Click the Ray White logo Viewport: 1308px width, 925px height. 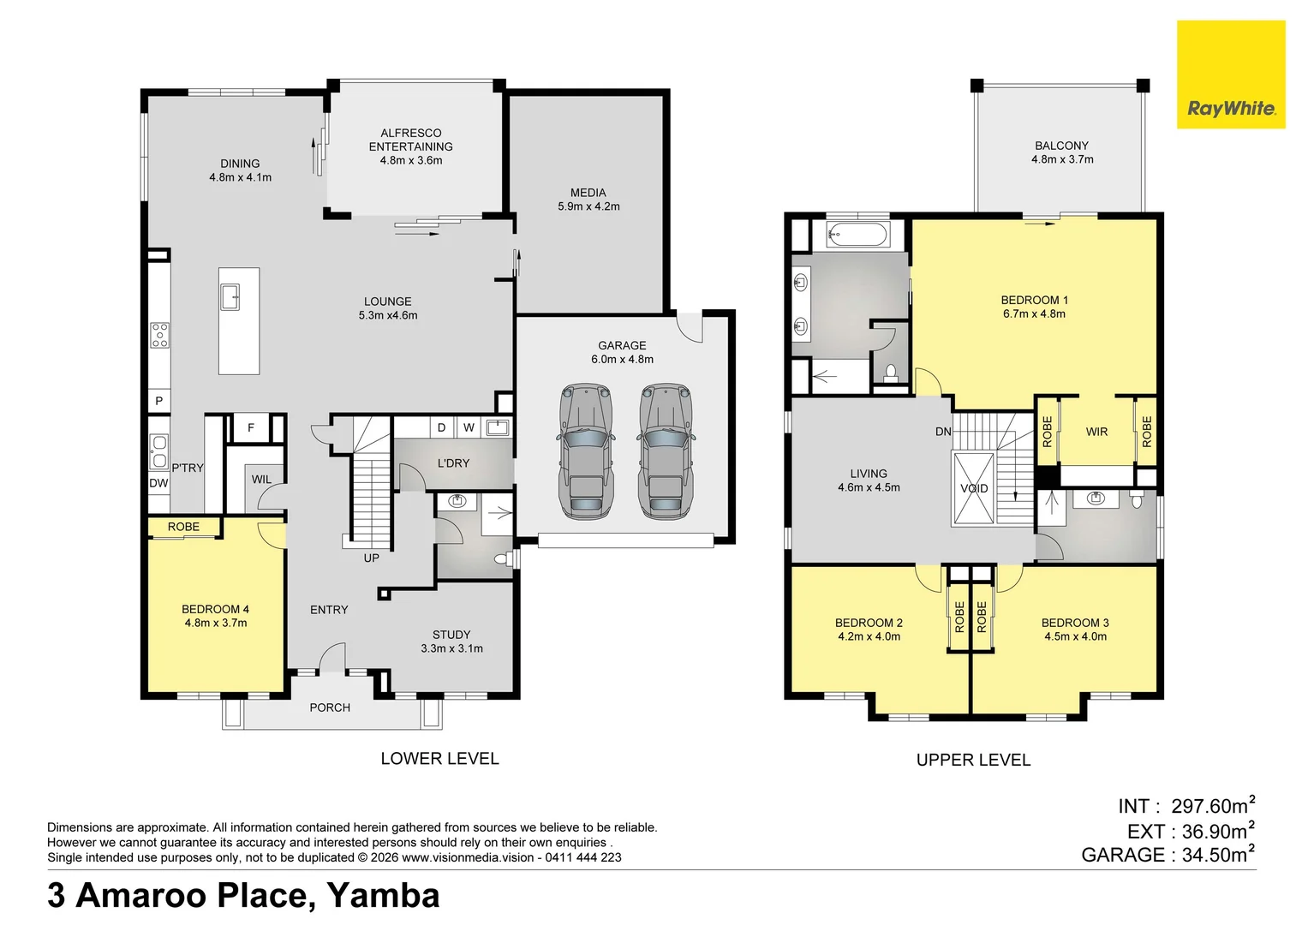point(1231,109)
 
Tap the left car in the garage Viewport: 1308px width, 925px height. point(586,451)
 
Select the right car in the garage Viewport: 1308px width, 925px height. point(665,451)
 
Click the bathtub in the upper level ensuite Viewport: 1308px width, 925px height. point(858,234)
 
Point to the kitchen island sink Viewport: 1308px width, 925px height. point(230,296)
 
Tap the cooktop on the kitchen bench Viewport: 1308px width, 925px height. point(160,335)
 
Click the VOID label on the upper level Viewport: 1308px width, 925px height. point(974,488)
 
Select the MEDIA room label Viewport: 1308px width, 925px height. point(588,193)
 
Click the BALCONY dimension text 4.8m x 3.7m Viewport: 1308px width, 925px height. point(1062,159)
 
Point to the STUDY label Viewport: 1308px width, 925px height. point(451,635)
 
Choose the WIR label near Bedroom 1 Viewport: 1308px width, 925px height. point(1096,432)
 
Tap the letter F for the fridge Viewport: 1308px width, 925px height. point(251,427)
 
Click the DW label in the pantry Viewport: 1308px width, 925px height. point(158,483)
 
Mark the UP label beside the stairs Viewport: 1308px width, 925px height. point(371,558)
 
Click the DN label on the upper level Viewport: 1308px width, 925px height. point(943,432)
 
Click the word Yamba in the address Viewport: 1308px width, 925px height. point(383,895)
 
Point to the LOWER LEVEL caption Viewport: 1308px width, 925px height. point(439,758)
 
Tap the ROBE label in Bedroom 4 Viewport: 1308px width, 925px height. point(183,527)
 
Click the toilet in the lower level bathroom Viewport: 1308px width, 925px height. point(503,559)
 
